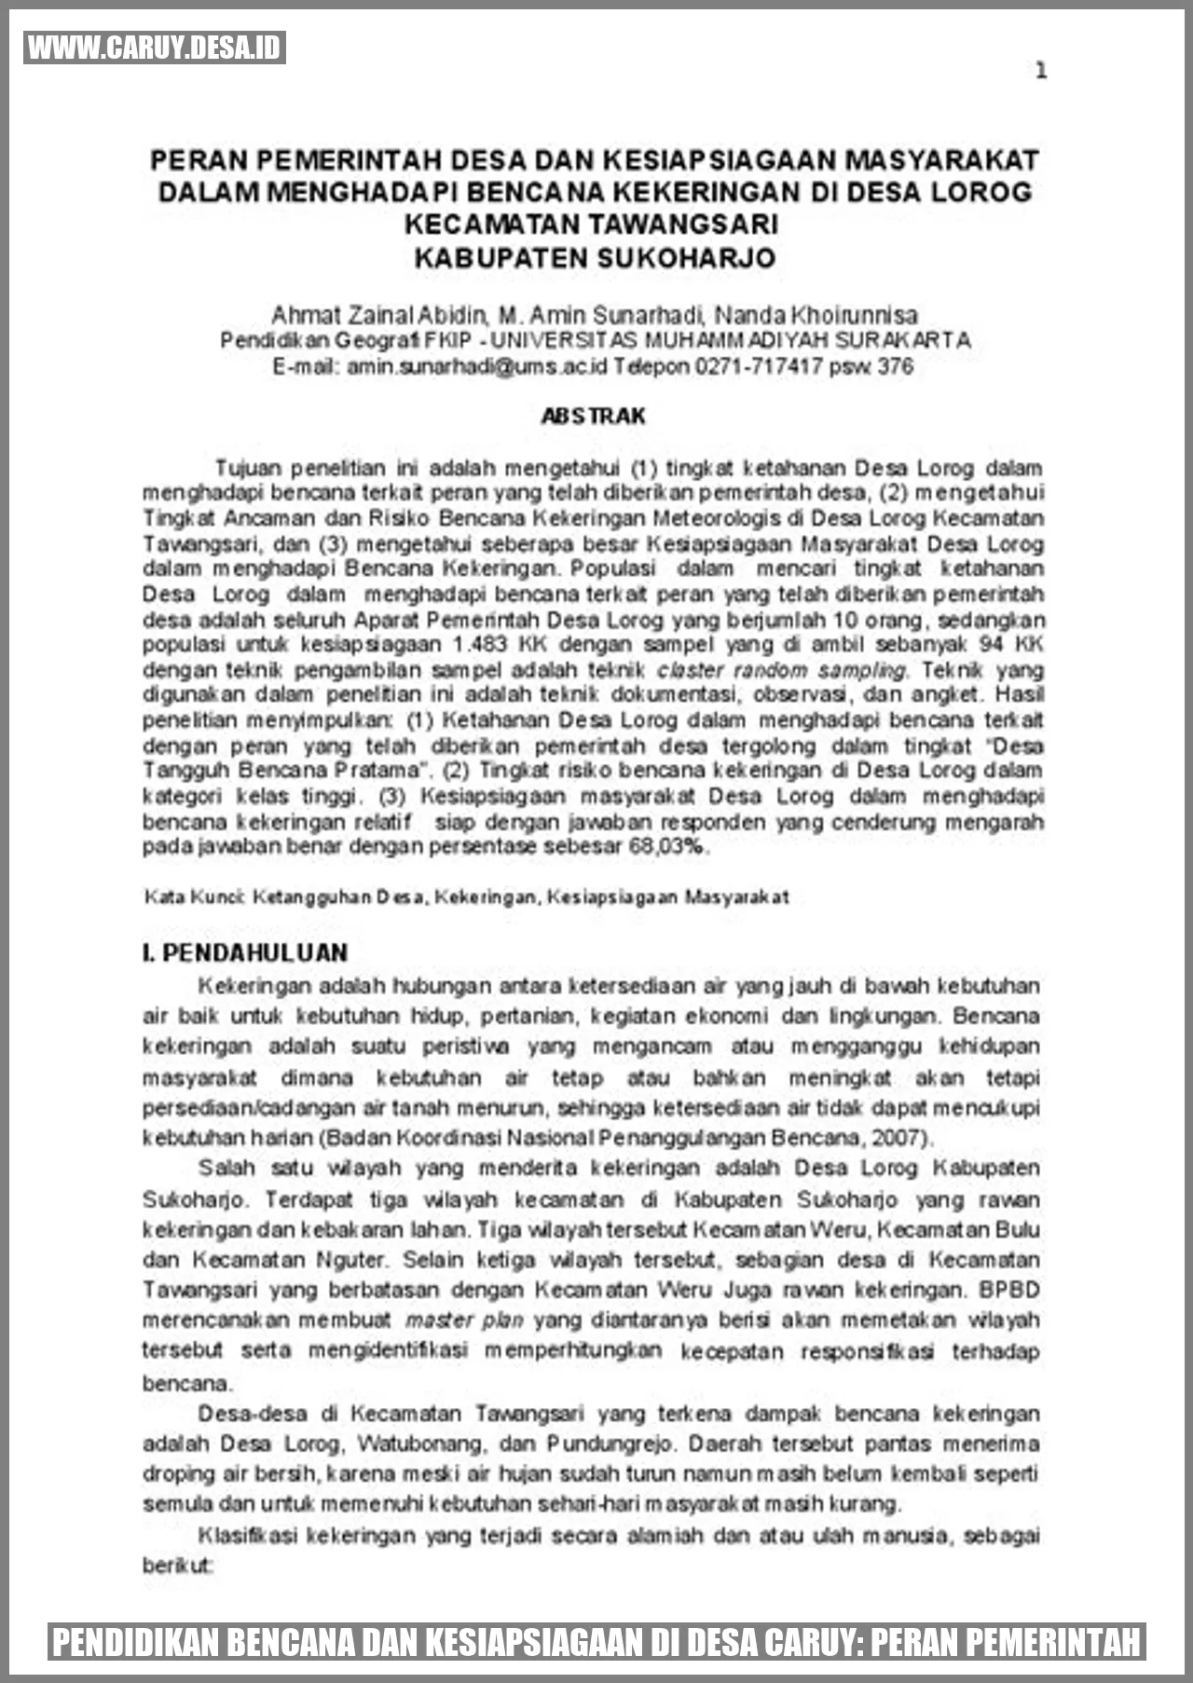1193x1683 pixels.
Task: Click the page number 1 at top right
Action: click(x=1041, y=71)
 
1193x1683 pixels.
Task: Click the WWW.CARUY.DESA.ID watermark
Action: click(x=155, y=48)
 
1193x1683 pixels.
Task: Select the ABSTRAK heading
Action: click(x=594, y=416)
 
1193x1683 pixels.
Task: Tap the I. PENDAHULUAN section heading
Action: click(x=245, y=952)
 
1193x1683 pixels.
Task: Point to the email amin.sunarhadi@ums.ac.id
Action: click(x=477, y=366)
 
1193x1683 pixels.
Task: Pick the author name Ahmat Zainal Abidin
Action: click(x=379, y=315)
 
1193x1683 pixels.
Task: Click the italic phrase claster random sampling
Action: click(x=781, y=670)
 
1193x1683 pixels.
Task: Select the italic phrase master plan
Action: click(x=464, y=1320)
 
